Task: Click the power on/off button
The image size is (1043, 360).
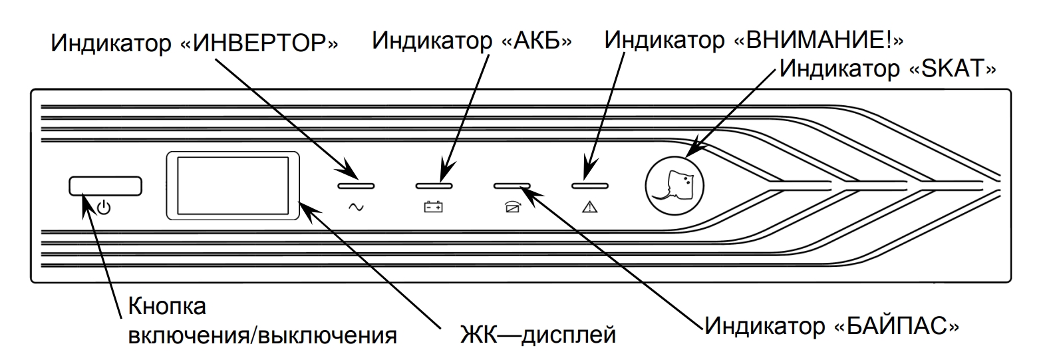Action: [x=105, y=186]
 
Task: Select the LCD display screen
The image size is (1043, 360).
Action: [x=231, y=186]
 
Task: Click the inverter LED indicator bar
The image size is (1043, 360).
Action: [x=356, y=186]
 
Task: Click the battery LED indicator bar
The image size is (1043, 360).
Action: [x=434, y=186]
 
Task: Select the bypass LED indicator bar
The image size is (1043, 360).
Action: [x=512, y=186]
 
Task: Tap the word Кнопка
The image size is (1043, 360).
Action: [x=166, y=308]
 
